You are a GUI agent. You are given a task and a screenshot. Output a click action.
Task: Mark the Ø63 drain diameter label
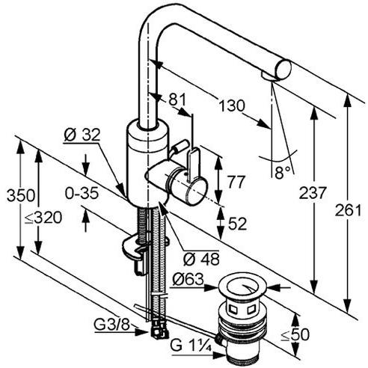pos(188,279)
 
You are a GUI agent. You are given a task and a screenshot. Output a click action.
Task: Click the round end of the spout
pos(281,68)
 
